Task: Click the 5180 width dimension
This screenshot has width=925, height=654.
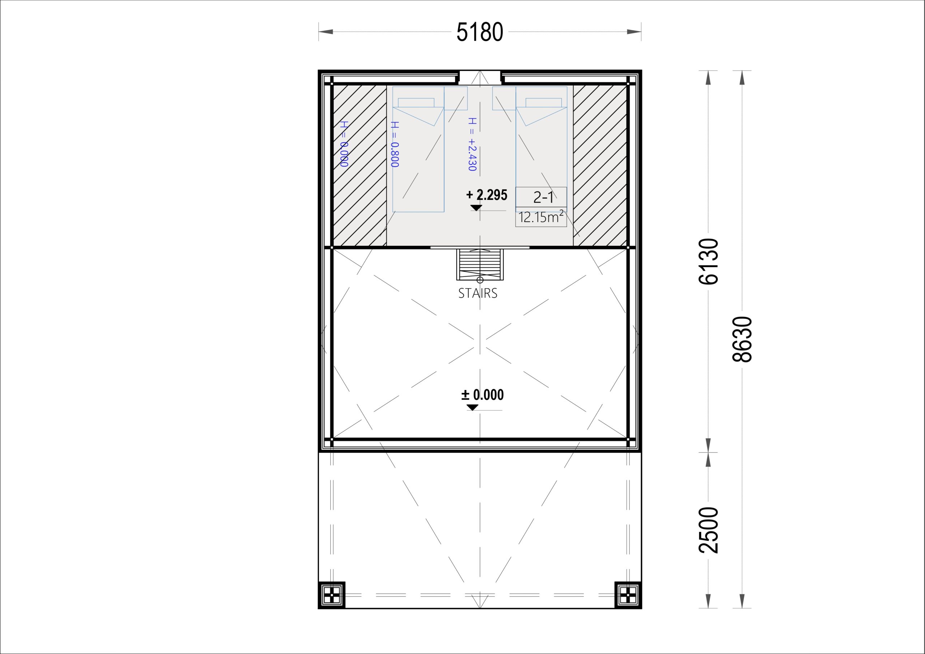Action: [479, 32]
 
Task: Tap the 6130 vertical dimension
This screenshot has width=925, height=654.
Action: [709, 261]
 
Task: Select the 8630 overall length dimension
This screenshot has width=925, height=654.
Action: [742, 339]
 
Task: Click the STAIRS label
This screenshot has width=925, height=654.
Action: [478, 293]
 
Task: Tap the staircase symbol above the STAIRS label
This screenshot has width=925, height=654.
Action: [480, 265]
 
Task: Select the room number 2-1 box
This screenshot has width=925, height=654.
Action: [541, 197]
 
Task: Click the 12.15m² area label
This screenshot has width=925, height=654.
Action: [541, 217]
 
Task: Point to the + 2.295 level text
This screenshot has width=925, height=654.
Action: [487, 195]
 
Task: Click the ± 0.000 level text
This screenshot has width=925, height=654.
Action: [482, 395]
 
